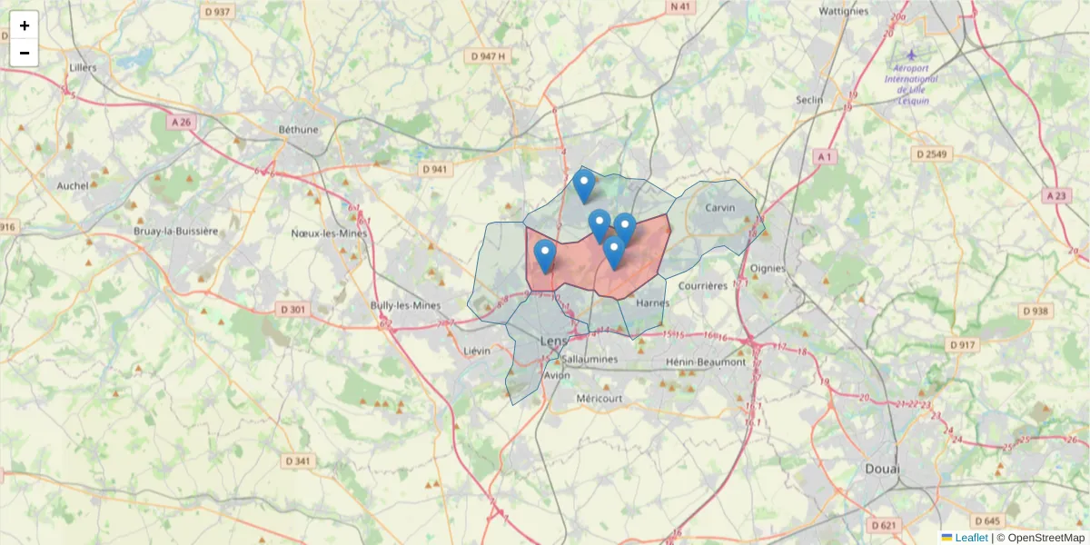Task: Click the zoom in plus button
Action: pyautogui.click(x=25, y=25)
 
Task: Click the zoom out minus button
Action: pyautogui.click(x=25, y=53)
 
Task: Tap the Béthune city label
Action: pyautogui.click(x=299, y=129)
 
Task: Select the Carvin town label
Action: pyautogui.click(x=719, y=207)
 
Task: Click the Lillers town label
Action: pyautogui.click(x=83, y=67)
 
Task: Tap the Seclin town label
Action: pyautogui.click(x=808, y=100)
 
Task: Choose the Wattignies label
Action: pyautogui.click(x=846, y=12)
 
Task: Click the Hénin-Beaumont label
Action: pyautogui.click(x=706, y=362)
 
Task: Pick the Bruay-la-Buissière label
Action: pyautogui.click(x=176, y=231)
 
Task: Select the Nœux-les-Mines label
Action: pyautogui.click(x=330, y=233)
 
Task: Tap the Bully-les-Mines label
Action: pyautogui.click(x=406, y=305)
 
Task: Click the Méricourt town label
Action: pyautogui.click(x=599, y=398)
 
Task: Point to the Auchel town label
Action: pyautogui.click(x=73, y=185)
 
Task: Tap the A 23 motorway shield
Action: pyautogui.click(x=1055, y=195)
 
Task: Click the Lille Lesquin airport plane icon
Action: pyautogui.click(x=912, y=55)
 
